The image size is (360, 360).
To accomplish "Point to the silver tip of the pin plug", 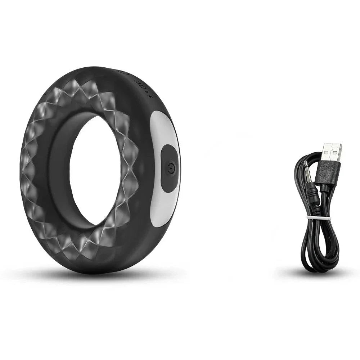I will pyautogui.click(x=305, y=169).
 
